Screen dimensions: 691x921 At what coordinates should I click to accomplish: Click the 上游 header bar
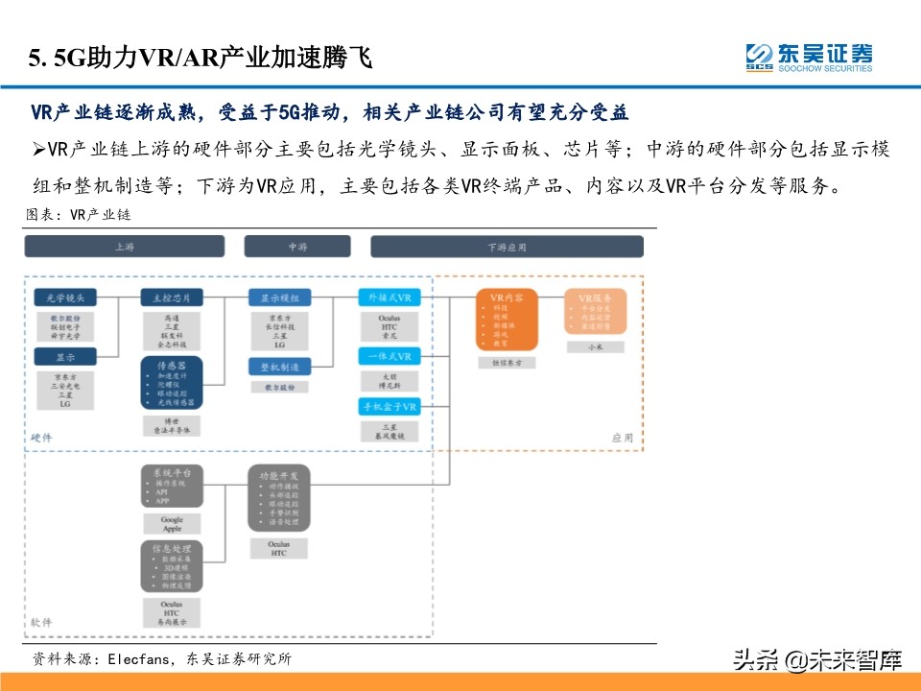point(125,247)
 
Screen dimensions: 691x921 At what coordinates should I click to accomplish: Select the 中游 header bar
point(296,247)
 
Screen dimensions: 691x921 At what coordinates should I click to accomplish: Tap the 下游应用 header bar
point(507,247)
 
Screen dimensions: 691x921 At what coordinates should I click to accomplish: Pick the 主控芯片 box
point(172,298)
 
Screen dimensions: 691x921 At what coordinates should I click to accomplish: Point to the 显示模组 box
point(279,298)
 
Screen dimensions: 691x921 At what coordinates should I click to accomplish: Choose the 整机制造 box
point(279,367)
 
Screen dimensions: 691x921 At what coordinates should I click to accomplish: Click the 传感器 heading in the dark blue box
point(171,367)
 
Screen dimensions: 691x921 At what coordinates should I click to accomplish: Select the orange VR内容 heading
point(507,298)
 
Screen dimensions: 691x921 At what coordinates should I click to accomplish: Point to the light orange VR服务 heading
point(595,297)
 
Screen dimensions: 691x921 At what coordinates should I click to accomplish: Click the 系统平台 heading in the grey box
point(171,473)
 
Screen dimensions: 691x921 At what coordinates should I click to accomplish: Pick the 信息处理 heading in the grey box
point(171,548)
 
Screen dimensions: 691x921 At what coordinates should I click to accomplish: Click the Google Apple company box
point(171,523)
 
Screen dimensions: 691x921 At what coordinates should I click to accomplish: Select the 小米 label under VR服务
point(595,345)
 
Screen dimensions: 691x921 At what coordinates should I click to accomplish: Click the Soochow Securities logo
point(809,57)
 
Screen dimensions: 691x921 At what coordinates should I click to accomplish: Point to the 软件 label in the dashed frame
point(41,623)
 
